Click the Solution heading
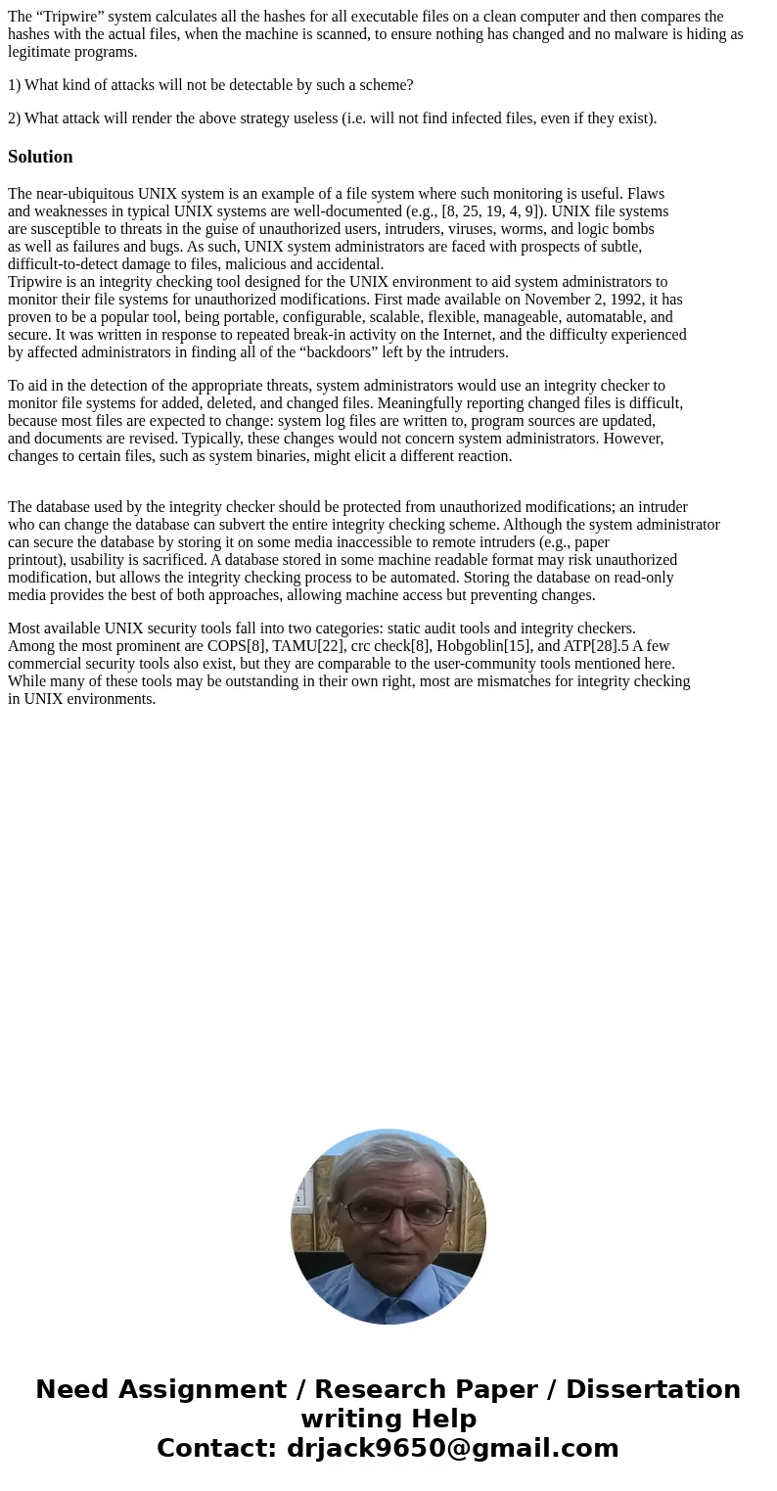tap(40, 157)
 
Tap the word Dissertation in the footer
tap(653, 1389)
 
